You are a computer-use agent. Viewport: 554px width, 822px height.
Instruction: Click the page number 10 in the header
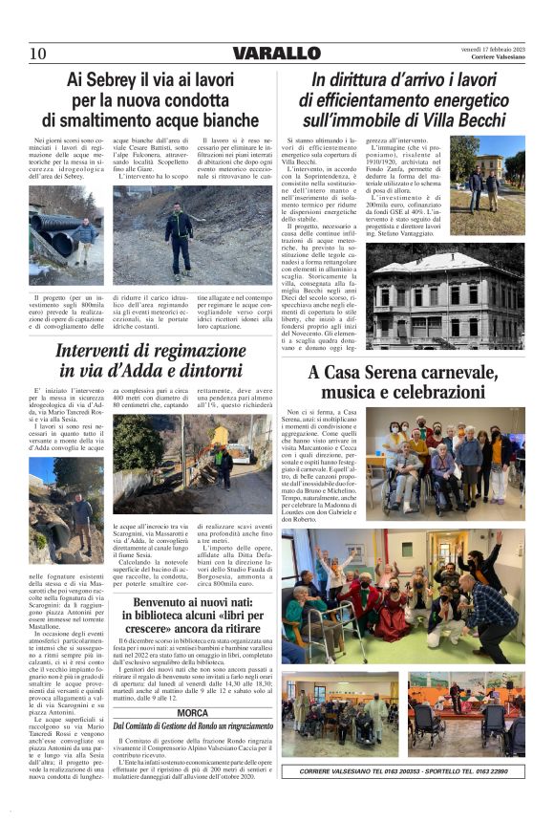[38, 53]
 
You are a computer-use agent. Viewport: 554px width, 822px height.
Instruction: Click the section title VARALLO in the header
[276, 53]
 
